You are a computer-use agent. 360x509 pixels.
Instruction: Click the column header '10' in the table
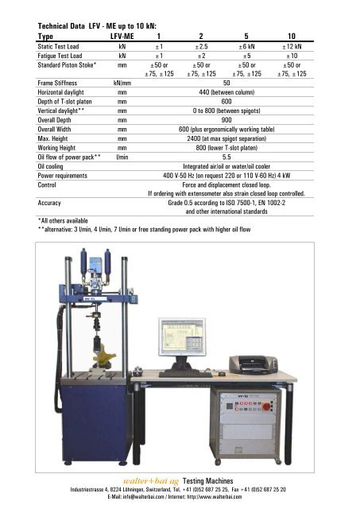292,36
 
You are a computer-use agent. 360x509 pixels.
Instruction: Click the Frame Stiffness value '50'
226,83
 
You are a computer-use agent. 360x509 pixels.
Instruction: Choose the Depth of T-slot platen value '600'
226,102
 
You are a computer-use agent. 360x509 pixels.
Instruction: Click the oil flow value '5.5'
226,156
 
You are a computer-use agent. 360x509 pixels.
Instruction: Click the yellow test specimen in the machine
103,348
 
